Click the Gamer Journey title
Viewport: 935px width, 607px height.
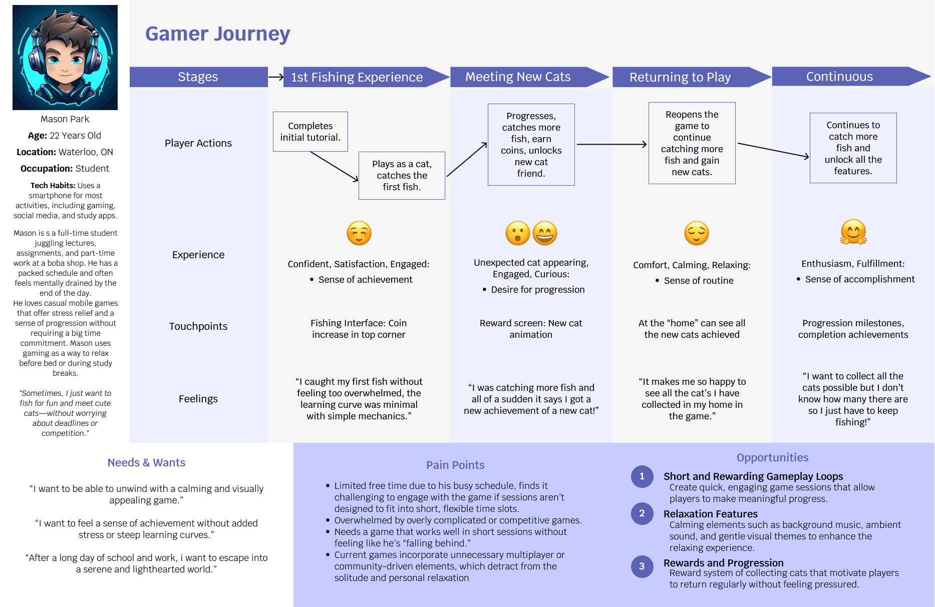(217, 34)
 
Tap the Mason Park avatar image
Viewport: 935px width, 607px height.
(65, 58)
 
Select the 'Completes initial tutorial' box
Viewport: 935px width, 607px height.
(310, 132)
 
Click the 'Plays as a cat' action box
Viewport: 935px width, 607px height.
(402, 176)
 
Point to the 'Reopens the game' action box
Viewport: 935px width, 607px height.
(692, 143)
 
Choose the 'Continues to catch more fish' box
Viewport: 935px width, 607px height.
(853, 148)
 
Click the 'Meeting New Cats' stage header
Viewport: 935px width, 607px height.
(518, 77)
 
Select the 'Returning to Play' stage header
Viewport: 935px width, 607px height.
(680, 77)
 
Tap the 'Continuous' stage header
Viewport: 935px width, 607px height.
(839, 77)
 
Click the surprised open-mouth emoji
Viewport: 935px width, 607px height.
(517, 233)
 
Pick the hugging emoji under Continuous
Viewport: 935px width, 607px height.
(853, 232)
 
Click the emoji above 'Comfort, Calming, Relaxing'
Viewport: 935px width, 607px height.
(696, 233)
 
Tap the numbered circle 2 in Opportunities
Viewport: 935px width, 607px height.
(642, 513)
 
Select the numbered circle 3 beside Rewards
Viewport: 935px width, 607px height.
(642, 566)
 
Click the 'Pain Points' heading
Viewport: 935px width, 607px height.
(455, 465)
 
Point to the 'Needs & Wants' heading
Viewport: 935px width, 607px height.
(146, 463)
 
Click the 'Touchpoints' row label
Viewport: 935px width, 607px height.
(198, 327)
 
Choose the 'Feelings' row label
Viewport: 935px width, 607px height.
(198, 399)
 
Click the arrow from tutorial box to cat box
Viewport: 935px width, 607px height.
(334, 166)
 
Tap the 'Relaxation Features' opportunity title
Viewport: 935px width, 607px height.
(710, 514)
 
